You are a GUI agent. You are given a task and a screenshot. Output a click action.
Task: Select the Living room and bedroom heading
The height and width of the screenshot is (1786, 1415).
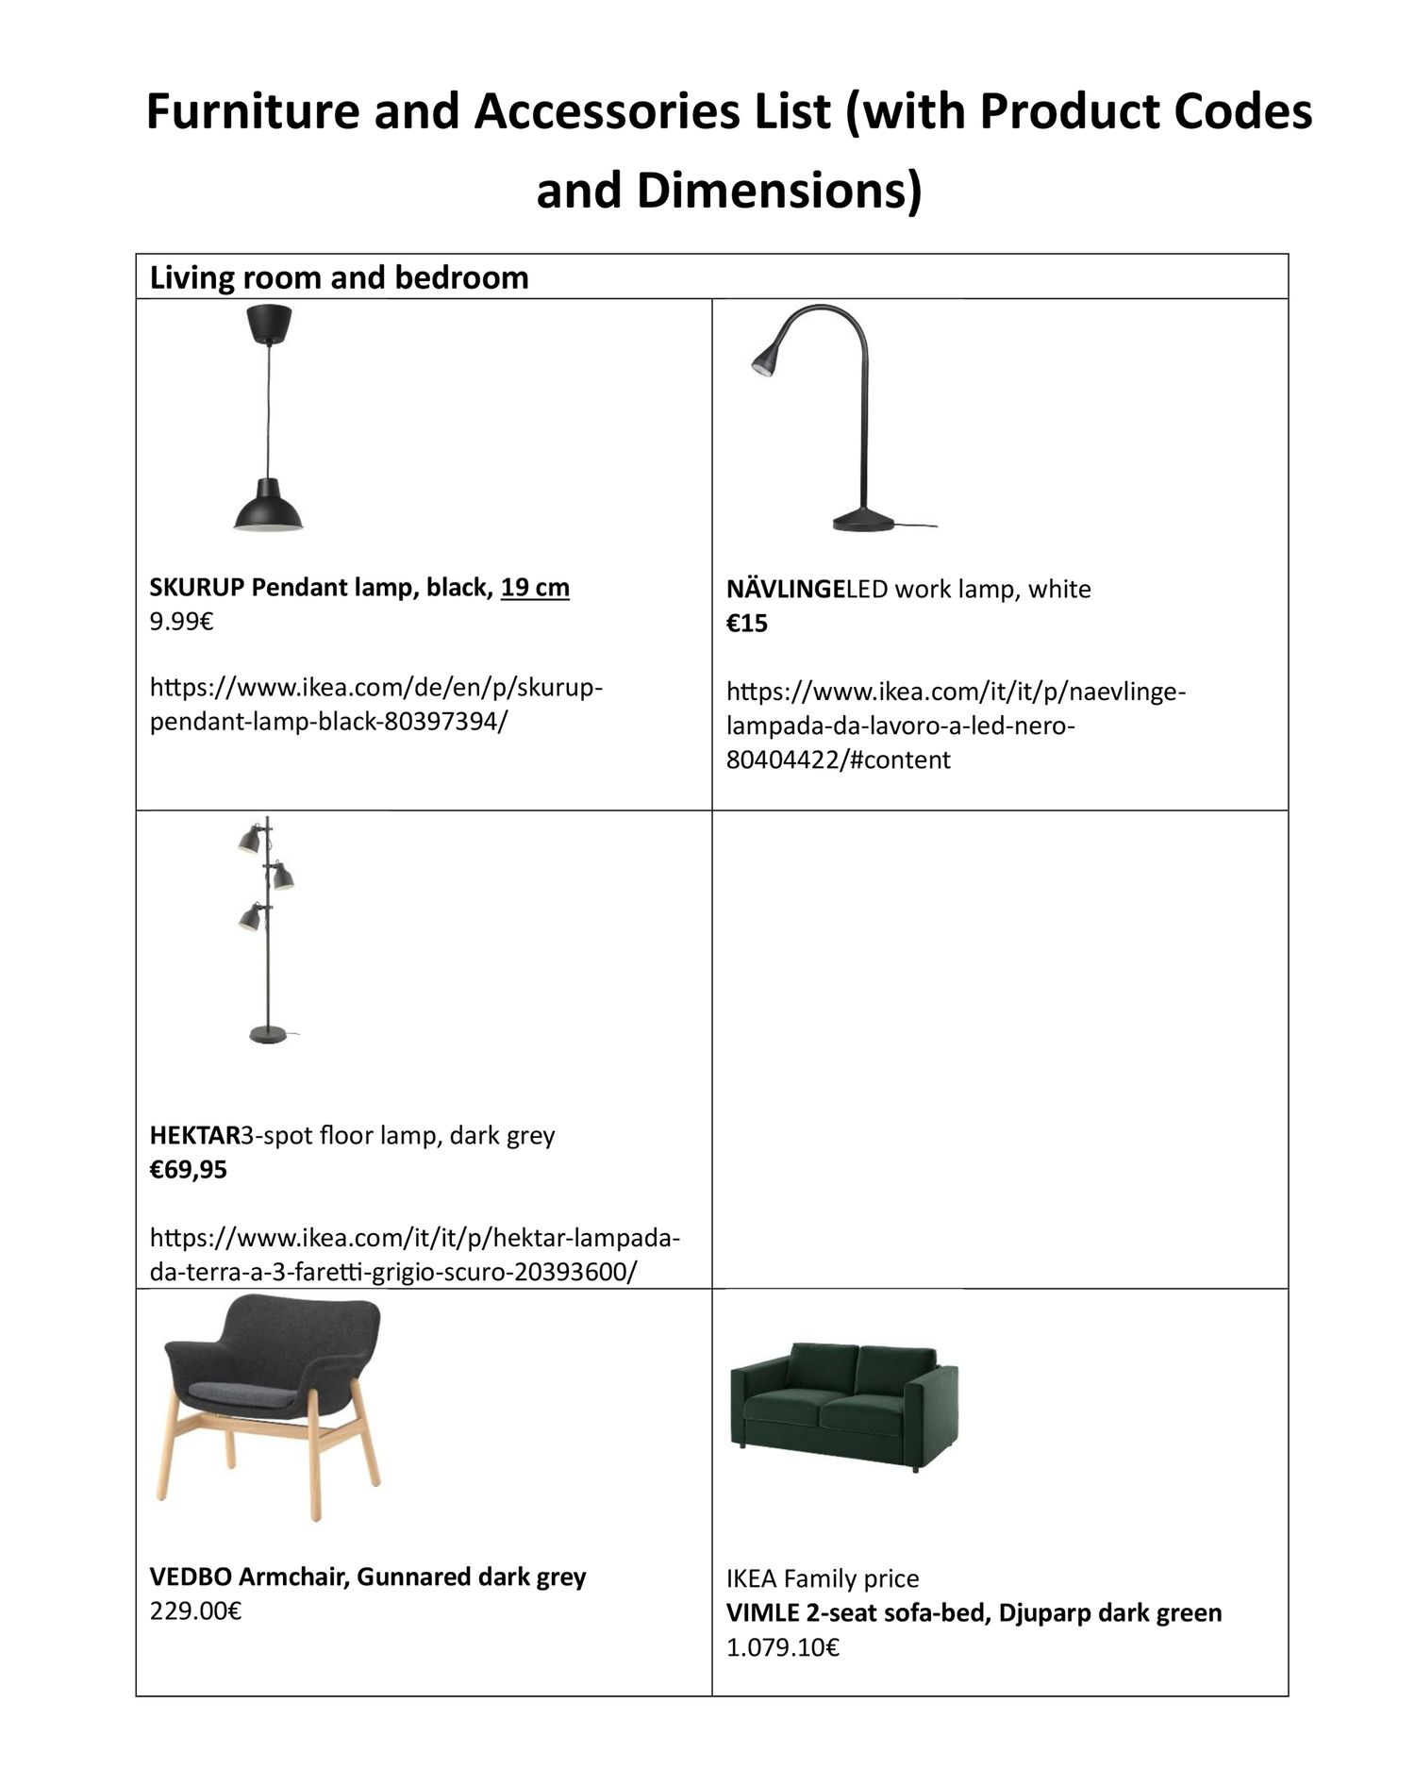coord(339,277)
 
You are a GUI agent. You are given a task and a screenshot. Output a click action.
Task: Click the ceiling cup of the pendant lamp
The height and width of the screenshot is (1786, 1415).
coord(269,323)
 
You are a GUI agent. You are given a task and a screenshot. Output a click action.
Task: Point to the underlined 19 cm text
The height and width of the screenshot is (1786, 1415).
coord(535,588)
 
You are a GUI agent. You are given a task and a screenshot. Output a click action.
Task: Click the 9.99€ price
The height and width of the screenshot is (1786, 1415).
coord(181,622)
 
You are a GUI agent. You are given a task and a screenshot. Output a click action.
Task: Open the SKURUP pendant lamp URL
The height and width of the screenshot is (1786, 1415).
coord(375,704)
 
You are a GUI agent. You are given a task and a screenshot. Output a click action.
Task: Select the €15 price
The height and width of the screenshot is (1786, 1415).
coord(747,624)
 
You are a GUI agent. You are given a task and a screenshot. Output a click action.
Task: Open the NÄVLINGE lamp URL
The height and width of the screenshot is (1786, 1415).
coord(955,726)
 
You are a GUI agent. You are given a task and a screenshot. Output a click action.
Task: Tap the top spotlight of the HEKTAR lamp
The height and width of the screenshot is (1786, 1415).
coord(250,839)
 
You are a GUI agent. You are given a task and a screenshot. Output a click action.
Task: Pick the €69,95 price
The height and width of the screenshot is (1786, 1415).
coord(189,1170)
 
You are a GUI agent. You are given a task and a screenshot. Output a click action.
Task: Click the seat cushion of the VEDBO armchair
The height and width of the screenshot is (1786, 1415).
coord(250,1388)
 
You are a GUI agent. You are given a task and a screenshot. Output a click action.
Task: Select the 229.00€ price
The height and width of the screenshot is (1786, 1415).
coord(195,1611)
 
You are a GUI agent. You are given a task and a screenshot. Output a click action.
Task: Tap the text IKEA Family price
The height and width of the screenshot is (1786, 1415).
coord(823,1578)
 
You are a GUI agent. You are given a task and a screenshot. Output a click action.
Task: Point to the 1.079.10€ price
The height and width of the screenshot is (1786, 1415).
coord(782,1647)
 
